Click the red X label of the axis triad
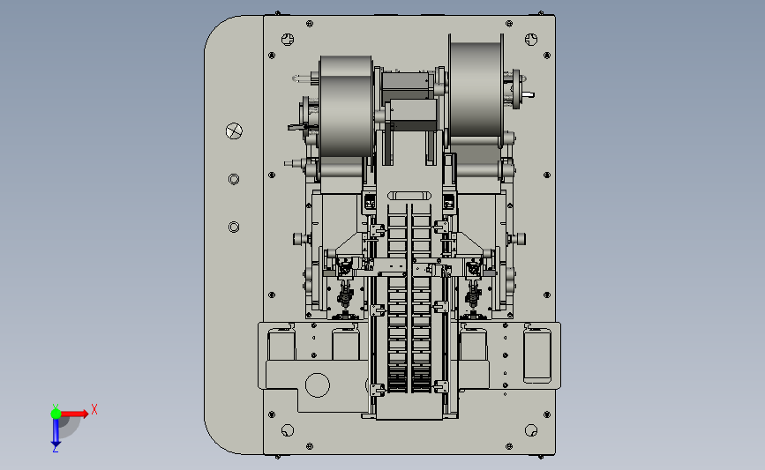point(94,409)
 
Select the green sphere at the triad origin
point(56,414)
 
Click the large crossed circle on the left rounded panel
point(234,131)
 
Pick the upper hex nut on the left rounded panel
point(234,179)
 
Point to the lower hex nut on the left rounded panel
point(234,228)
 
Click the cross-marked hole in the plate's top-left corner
point(288,40)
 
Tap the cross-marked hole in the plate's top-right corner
point(531,40)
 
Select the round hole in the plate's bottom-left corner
point(288,430)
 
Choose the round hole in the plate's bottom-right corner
point(531,430)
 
